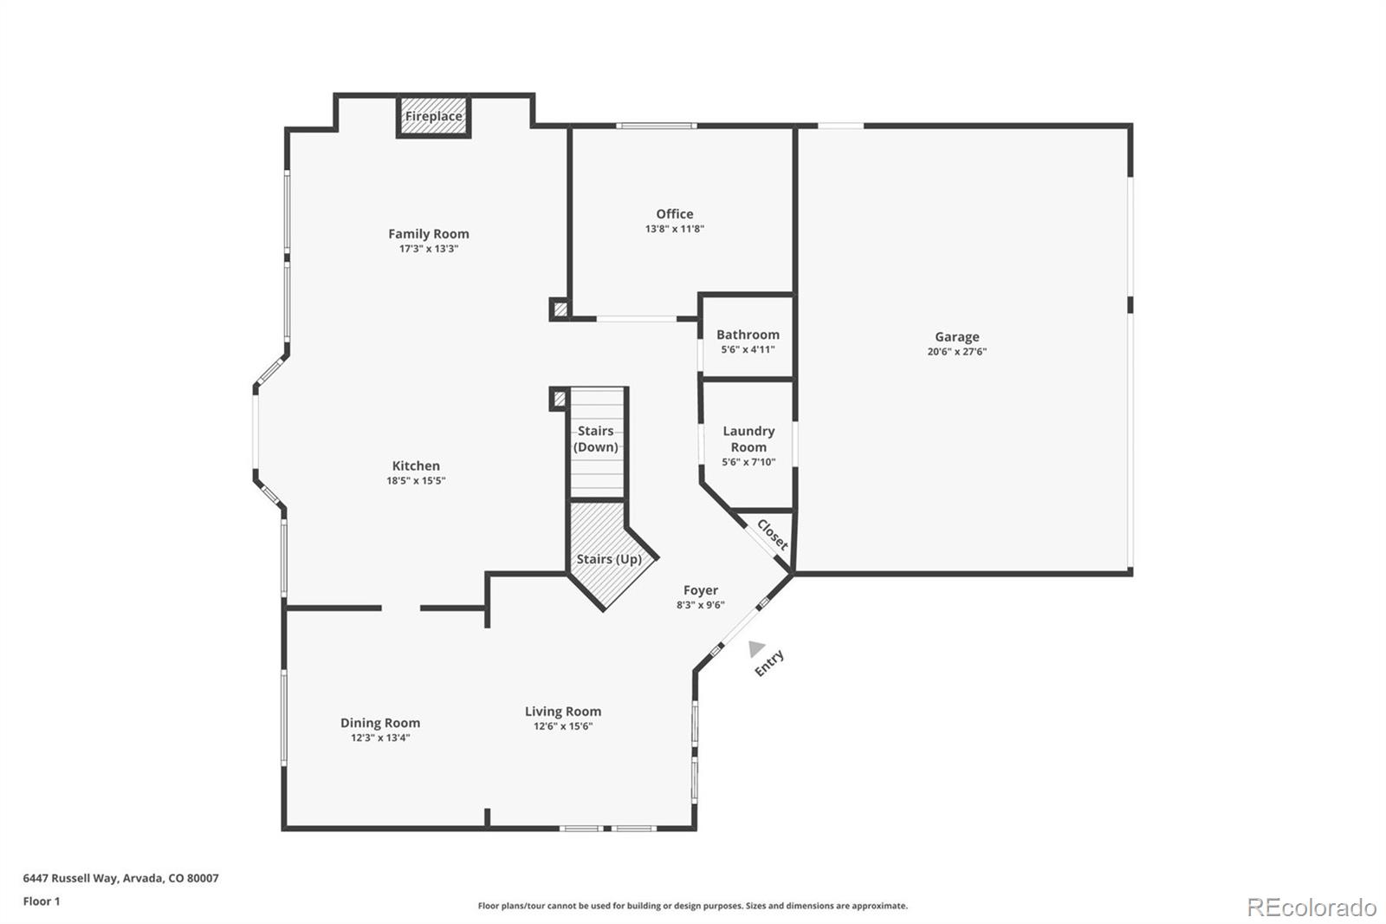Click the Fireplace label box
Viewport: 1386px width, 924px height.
433,116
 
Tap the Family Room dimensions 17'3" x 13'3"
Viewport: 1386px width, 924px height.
428,249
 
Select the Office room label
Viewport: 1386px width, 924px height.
674,214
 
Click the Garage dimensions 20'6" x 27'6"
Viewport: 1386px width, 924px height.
956,352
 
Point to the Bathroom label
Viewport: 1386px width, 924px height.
748,335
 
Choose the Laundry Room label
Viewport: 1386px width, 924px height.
748,439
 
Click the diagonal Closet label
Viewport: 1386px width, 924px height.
772,535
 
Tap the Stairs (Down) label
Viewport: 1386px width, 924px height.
596,439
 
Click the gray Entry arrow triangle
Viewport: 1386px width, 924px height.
755,647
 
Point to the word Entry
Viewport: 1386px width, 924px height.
769,663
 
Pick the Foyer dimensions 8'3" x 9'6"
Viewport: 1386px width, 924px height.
700,605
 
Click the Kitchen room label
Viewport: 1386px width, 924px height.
416,466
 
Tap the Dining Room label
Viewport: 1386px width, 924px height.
379,723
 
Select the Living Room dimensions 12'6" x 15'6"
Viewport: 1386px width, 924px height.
562,726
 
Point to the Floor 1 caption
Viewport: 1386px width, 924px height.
42,901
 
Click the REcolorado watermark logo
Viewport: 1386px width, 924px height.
1311,908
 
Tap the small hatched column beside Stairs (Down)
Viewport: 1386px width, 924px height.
559,399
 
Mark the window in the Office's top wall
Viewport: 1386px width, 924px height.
656,127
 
